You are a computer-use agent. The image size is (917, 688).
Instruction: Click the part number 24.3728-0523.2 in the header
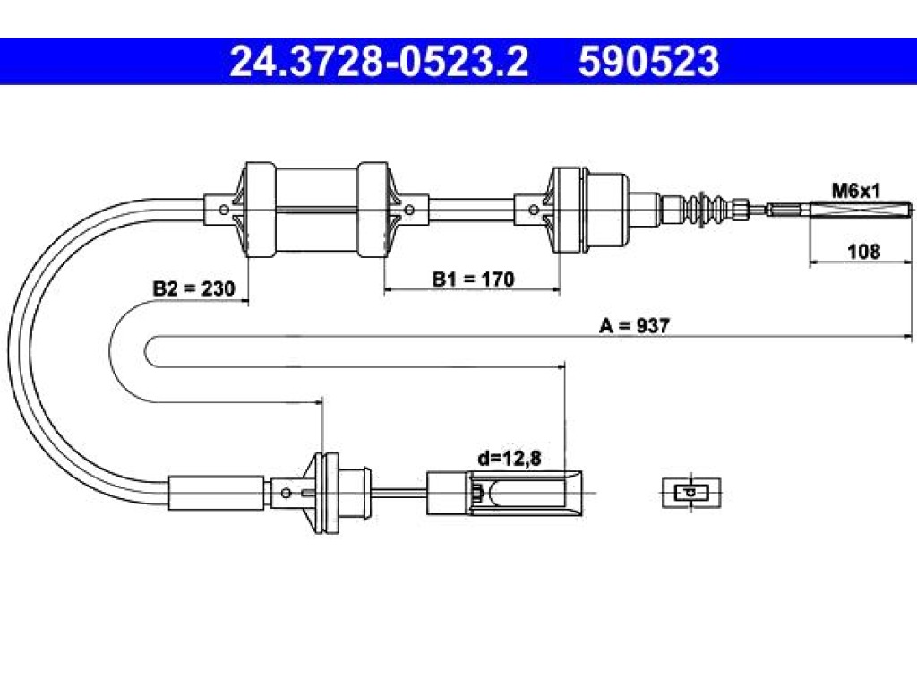click(379, 62)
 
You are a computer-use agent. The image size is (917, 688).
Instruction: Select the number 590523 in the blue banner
click(648, 62)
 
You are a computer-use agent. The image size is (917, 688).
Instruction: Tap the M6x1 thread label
click(855, 190)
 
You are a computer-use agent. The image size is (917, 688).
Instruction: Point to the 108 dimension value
click(864, 251)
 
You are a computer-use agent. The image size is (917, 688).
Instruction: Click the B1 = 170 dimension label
click(473, 279)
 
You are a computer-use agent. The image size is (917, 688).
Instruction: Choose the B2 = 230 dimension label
click(193, 288)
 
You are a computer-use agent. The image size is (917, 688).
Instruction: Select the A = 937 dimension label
click(634, 325)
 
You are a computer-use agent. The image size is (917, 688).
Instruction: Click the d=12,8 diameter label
click(510, 459)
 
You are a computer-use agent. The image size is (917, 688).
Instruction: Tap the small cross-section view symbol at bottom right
click(691, 492)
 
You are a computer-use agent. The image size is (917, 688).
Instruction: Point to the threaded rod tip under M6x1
click(861, 210)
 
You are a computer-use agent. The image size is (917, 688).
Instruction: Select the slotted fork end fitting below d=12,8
click(504, 494)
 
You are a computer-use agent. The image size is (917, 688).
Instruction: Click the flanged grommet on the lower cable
click(322, 493)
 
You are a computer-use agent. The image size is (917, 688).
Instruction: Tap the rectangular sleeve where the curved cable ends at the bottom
click(217, 493)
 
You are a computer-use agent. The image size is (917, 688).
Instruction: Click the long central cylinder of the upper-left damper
click(316, 210)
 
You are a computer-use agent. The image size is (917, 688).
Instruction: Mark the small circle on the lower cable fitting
click(286, 494)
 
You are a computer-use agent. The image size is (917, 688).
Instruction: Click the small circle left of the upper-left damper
click(223, 210)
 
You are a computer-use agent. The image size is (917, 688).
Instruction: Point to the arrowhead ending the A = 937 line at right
click(907, 337)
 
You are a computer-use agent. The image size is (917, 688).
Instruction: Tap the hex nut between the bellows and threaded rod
click(741, 209)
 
